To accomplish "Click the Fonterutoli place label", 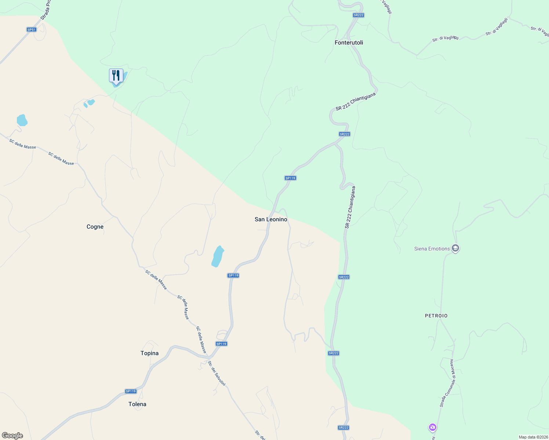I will coord(349,43).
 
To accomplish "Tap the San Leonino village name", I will coord(271,219).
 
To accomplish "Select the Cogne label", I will coord(95,227).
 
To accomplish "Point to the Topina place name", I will coord(149,353).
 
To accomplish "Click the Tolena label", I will coord(137,404).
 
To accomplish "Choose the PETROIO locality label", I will coord(436,316).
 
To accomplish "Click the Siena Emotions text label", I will coord(432,249).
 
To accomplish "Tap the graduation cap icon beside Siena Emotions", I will coord(455,248).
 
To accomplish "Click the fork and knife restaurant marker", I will coord(116,76).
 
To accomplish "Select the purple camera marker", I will coord(432,427).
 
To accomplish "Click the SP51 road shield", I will coord(32,30).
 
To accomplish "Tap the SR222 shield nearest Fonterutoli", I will coord(358,15).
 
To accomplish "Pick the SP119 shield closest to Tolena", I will coord(131,391).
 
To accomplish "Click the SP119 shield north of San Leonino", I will coord(290,178).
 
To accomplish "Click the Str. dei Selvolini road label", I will coord(217,373).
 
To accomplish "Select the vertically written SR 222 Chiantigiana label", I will coord(350,208).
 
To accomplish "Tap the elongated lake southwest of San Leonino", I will coord(218,256).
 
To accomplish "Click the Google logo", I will coord(12,436).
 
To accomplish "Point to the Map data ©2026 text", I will coord(533,437).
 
